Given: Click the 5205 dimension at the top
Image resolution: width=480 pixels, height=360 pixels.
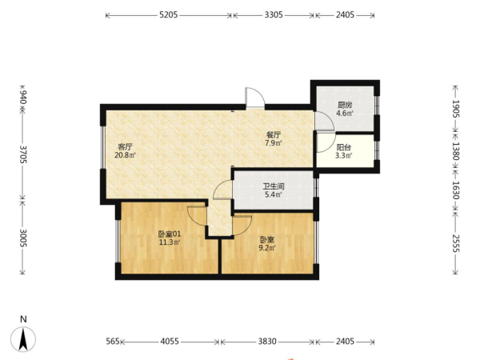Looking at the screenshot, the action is [168, 14].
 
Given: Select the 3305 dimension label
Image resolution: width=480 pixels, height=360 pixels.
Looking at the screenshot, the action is [274, 14].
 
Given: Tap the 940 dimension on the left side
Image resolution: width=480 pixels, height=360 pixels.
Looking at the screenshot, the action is [23, 97].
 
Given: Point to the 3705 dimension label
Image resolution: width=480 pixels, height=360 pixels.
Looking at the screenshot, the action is [23, 154].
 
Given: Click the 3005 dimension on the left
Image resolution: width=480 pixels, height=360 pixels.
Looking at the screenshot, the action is [23, 238].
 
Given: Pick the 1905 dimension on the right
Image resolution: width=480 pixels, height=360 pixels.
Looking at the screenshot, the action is [455, 109].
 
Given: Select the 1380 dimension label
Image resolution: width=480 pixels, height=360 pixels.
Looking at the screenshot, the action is [455, 151].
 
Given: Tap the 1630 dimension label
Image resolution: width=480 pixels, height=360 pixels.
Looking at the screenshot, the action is [455, 190].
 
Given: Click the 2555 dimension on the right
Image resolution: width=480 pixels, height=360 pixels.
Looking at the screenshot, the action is [455, 243].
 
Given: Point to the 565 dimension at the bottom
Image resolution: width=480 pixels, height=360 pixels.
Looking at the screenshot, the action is [113, 342].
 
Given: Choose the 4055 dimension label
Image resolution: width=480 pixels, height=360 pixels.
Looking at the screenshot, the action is [170, 342].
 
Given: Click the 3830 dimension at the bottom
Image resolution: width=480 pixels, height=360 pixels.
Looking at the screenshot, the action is [267, 342].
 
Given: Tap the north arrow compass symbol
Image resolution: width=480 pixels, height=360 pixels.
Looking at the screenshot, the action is [23, 339].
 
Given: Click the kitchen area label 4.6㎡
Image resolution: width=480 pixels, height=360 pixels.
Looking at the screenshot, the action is [345, 114].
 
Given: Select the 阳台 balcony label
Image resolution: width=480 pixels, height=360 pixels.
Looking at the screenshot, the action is [344, 147].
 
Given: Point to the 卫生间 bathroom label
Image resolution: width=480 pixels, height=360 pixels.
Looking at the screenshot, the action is [274, 186].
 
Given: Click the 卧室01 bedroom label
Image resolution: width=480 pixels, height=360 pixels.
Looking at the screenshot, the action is [170, 234].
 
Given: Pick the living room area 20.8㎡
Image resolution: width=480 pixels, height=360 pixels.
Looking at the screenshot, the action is [126, 155].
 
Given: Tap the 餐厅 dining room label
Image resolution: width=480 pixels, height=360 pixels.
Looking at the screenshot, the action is [274, 134].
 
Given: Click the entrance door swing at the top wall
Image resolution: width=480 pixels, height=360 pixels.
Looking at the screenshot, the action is [255, 98].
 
